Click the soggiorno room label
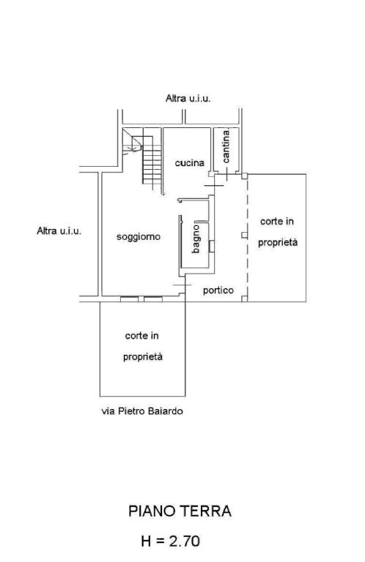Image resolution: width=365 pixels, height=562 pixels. click(x=139, y=237)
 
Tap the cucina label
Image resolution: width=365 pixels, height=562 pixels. click(x=190, y=163)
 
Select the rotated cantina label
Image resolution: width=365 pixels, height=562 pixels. click(x=226, y=146)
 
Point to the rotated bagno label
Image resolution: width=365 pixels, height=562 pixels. click(x=196, y=239)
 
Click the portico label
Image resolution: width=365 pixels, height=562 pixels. click(x=218, y=290)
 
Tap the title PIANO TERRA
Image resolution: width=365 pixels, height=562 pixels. click(x=180, y=511)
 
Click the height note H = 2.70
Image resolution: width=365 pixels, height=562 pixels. click(x=171, y=541)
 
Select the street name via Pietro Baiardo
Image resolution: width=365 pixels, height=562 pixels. click(x=142, y=411)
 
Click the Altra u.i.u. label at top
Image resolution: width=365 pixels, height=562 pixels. click(x=188, y=98)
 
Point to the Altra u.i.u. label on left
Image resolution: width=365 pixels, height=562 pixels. click(x=59, y=231)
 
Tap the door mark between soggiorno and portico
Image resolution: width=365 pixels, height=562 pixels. click(x=182, y=285)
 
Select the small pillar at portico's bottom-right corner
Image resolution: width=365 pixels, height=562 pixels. click(x=244, y=299)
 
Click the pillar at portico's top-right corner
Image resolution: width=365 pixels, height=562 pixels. click(x=244, y=176)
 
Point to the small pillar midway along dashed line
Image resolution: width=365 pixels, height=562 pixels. click(x=244, y=235)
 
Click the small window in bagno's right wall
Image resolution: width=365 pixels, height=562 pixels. click(x=212, y=246)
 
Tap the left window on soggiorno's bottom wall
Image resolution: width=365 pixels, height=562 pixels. click(x=129, y=299)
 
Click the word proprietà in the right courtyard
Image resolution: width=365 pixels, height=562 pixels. click(x=278, y=243)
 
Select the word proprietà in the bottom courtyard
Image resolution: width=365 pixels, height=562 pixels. click(x=143, y=357)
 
